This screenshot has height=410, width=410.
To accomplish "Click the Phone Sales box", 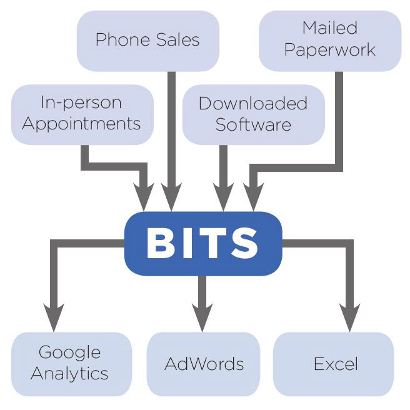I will point(147,41).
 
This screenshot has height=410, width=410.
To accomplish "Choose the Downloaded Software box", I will point(253,114).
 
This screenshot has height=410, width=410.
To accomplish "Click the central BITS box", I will point(203,244).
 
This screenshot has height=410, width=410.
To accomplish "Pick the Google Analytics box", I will point(71,364).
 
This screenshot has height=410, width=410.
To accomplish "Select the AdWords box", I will point(203,364).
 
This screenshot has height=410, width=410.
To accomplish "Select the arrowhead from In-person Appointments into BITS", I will point(145,199).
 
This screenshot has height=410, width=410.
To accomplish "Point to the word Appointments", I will point(82,124).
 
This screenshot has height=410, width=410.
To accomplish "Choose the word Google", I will point(70,354).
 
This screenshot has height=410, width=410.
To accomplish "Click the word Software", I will point(253,124).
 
